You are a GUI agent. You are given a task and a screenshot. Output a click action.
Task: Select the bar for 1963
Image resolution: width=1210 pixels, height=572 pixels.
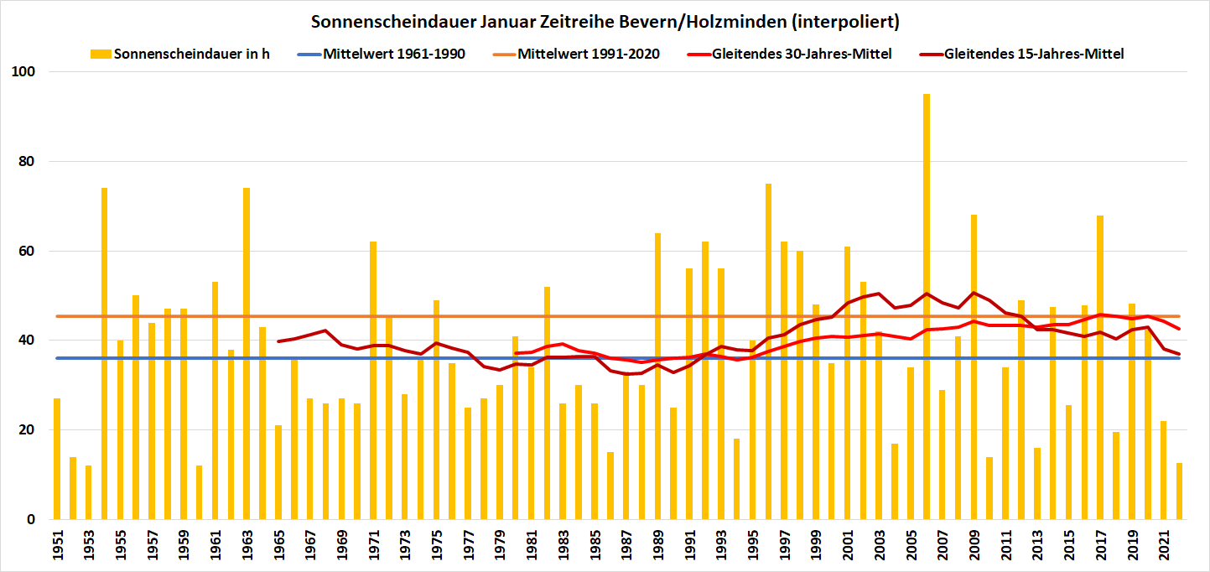pos(247,352)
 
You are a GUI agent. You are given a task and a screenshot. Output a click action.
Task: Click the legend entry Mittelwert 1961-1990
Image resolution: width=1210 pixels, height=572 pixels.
pos(394,54)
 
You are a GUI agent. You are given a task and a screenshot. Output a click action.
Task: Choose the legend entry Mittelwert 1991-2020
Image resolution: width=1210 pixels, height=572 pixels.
pos(589,54)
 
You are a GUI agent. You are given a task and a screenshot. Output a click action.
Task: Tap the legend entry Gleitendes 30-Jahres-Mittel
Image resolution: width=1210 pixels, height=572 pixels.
pos(802,54)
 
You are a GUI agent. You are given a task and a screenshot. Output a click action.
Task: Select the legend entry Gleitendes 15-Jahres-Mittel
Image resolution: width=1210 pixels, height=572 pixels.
pos(1034,54)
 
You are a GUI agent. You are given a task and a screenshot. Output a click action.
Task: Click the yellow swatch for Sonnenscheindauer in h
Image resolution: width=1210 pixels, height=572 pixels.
pos(100,55)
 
